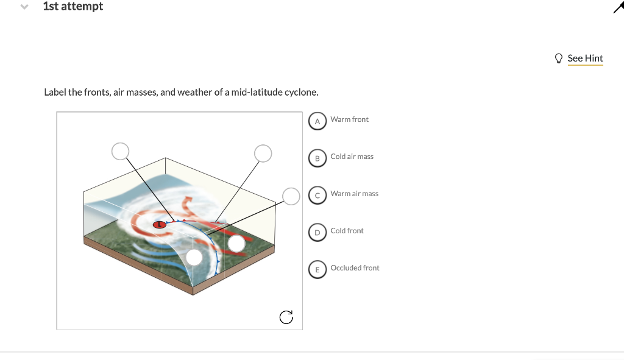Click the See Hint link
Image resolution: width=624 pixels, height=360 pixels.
pos(585,58)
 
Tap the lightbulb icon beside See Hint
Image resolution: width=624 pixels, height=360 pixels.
pos(559,58)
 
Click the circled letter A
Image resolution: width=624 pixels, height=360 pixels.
pos(317,121)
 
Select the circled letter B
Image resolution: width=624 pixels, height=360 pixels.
pos(317,158)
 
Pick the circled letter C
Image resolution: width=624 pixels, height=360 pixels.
pos(317,195)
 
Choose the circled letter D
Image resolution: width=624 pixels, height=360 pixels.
pos(317,232)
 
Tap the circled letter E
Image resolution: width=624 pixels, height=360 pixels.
pos(317,269)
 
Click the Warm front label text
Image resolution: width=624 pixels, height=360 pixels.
pos(349,119)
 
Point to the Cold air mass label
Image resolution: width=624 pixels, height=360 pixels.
pos(352,157)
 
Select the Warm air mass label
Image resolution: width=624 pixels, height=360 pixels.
pos(354,194)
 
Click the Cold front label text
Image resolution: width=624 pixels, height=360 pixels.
pos(347,231)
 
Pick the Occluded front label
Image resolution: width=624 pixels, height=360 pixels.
pos(355,268)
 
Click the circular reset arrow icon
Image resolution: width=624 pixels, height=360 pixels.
pos(286,317)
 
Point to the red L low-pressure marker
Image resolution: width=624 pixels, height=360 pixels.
pos(160,225)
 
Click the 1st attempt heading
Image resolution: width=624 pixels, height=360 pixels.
pos(73,7)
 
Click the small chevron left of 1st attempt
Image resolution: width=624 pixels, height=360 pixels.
pos(24,7)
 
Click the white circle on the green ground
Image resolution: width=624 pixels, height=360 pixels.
pos(236,244)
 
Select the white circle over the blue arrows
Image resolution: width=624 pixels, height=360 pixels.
pos(194,257)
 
